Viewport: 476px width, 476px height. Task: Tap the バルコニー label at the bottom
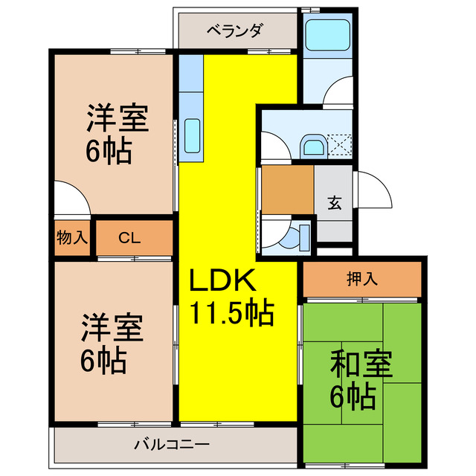pos(171,446)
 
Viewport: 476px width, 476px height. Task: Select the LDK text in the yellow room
pos(222,281)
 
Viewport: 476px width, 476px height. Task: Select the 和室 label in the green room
pos(362,365)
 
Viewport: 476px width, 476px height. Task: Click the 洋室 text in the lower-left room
pos(112,328)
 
